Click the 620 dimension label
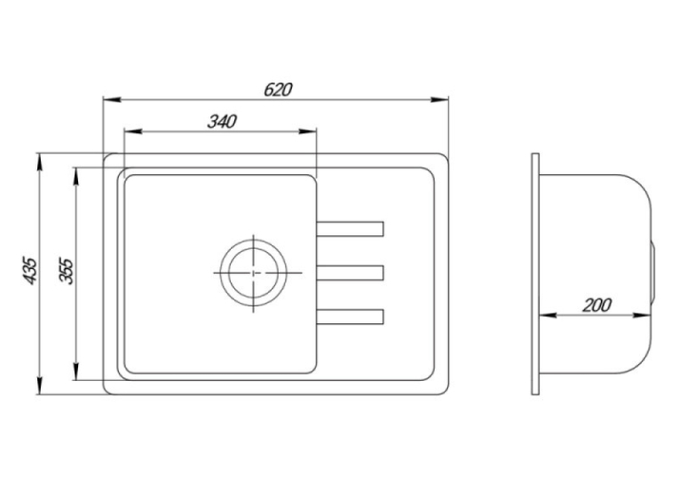point(278,90)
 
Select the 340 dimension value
point(222,122)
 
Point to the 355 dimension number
point(67,271)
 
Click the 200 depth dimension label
point(596,305)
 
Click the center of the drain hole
point(253,273)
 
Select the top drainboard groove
point(350,229)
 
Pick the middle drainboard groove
point(350,273)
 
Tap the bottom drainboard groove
point(350,317)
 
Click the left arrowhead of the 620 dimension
point(111,99)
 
